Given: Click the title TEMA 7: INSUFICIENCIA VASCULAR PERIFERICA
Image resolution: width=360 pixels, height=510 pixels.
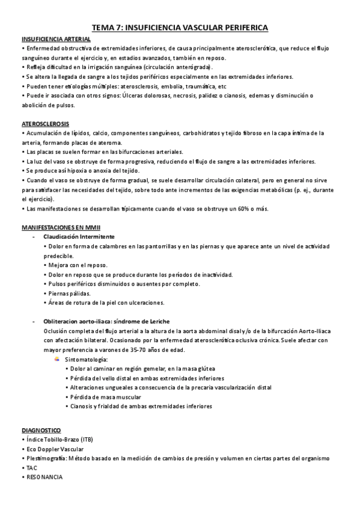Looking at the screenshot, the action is click(180, 28).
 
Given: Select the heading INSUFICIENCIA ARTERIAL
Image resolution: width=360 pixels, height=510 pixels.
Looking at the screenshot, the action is click(52, 38).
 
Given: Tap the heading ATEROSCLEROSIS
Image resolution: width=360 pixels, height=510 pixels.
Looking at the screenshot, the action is click(40, 123).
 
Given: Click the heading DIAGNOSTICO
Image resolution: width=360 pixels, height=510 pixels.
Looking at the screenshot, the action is click(41, 431).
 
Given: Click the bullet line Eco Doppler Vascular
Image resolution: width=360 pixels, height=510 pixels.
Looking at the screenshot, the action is click(54, 449).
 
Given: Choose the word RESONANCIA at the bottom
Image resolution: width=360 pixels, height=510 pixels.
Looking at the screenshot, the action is click(44, 476).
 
